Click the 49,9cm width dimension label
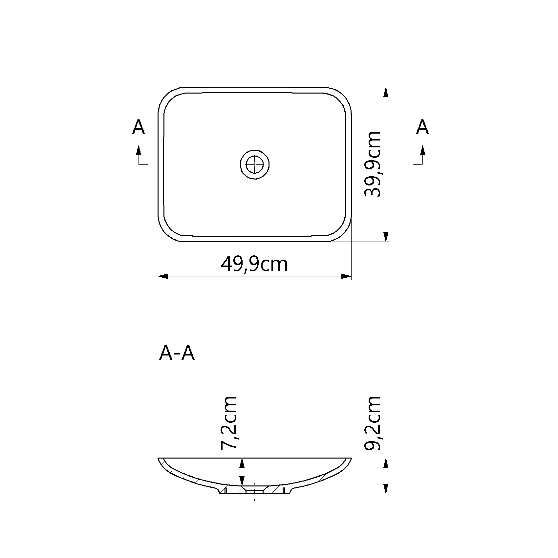click(x=254, y=265)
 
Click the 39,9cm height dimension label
click(x=373, y=164)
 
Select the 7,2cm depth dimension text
click(x=229, y=423)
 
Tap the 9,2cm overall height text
click(x=373, y=423)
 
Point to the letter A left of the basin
click(x=139, y=127)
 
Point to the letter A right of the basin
click(x=422, y=127)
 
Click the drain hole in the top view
click(x=254, y=164)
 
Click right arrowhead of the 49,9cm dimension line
click(x=347, y=276)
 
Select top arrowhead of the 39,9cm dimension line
click(x=386, y=92)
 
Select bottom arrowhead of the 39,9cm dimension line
click(x=386, y=237)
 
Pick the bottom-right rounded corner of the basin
click(x=343, y=233)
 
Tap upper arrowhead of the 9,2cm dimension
click(x=386, y=463)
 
